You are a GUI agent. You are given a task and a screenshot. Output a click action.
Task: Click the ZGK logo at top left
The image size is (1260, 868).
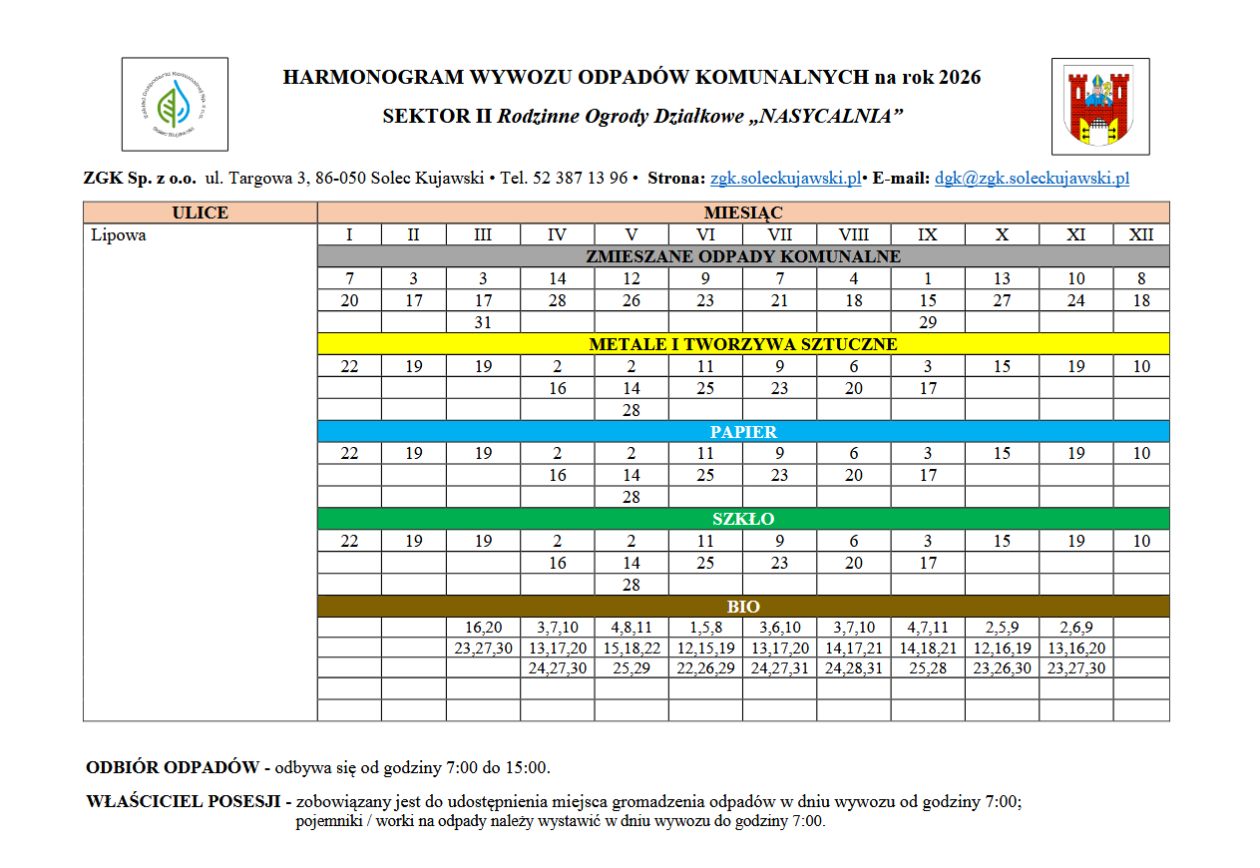175,104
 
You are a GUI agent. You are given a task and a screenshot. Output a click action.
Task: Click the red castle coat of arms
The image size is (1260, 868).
1100,106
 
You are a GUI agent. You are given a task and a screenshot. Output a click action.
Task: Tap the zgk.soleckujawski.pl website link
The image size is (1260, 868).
785,179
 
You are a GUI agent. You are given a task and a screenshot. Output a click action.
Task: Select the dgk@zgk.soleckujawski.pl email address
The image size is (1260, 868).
1032,179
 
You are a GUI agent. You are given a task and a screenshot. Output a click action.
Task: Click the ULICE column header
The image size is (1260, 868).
200,213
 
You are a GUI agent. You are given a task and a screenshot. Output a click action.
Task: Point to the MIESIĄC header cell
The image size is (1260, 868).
742,213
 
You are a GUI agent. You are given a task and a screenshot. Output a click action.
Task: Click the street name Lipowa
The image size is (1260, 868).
118,235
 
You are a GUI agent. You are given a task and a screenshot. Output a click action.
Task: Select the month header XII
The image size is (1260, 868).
1141,235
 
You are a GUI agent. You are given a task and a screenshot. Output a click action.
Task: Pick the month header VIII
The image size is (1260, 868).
853,235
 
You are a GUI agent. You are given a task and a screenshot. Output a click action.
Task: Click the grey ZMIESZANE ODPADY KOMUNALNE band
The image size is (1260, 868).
742,256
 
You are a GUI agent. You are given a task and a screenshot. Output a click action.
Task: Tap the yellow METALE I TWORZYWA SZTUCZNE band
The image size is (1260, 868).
742,344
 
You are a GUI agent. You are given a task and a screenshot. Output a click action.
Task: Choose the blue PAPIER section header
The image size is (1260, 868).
742,432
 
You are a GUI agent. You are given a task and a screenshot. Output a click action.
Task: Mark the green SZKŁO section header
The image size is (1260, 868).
742,519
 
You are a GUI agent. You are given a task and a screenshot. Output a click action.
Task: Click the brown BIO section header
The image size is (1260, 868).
742,607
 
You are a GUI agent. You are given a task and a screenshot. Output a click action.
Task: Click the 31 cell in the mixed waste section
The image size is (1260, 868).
483,322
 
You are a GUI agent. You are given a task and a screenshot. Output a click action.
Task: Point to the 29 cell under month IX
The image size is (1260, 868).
928,322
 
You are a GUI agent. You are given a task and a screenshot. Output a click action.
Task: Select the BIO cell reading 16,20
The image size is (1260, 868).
483,628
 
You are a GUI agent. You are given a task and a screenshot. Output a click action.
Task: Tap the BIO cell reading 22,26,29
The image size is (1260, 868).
705,668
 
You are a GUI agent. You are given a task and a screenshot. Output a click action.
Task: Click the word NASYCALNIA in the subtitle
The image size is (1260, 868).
824,117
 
